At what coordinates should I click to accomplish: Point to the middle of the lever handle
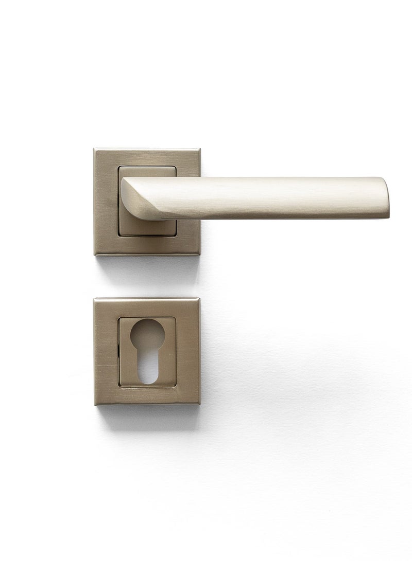[257, 198]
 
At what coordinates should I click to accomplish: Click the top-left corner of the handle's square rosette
[94, 150]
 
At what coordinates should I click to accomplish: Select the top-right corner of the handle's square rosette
[199, 150]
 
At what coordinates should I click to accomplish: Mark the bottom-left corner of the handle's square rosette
[94, 254]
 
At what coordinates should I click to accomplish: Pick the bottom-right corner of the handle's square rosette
[199, 254]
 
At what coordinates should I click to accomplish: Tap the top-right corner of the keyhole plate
[199, 298]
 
